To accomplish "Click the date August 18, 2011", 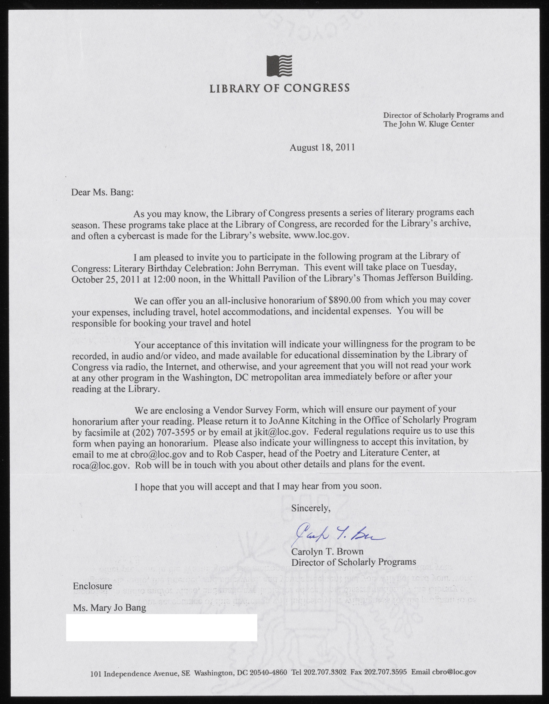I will [x=322, y=148].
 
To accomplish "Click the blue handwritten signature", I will [x=335, y=535].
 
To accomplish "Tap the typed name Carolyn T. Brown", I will [x=327, y=552].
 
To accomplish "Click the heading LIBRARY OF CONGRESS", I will [x=279, y=88].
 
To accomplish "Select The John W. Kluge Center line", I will [x=428, y=124].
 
